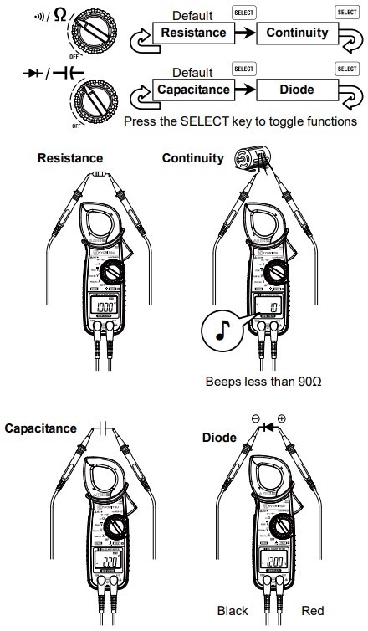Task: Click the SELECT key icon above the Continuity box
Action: [x=244, y=13]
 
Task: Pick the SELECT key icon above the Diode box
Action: [x=244, y=68]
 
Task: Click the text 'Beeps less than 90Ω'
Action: [x=263, y=381]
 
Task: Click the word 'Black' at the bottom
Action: [x=234, y=610]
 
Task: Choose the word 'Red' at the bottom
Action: [x=313, y=610]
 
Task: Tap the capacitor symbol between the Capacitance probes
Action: [x=102, y=427]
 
